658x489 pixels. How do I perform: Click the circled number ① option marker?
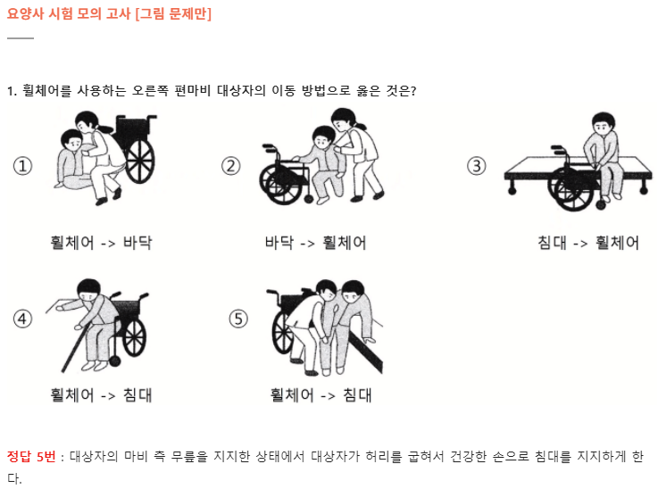22,166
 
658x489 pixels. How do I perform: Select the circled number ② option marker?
231,166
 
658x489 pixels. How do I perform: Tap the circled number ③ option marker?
476,166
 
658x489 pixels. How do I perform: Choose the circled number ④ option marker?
22,319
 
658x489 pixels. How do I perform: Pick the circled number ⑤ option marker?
238,319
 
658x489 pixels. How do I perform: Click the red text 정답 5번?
31,456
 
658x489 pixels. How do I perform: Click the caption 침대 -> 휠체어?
588,243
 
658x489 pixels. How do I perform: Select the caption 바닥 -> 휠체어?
315,243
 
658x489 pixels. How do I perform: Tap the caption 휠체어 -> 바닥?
101,243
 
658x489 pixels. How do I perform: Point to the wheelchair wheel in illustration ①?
140,161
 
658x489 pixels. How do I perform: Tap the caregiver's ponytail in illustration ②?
360,124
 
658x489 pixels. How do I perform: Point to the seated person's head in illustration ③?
603,123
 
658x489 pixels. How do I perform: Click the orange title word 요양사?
25,13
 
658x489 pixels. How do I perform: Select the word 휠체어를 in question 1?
46,90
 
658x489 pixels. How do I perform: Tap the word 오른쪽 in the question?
150,90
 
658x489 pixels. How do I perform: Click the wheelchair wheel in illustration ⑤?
283,334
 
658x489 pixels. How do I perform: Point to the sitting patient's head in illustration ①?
71,141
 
